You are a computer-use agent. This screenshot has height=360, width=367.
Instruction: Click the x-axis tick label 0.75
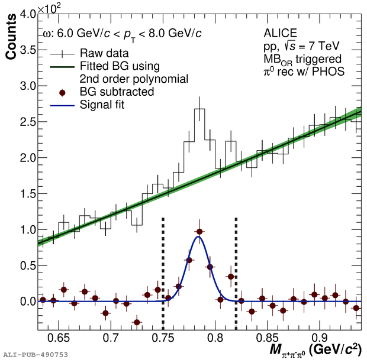pos(163,339)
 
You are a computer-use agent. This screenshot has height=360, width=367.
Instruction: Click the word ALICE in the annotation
pos(280,33)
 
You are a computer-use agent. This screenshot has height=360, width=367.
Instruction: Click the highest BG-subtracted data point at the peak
pos(199,232)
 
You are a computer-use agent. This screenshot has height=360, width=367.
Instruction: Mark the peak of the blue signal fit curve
pos(198,237)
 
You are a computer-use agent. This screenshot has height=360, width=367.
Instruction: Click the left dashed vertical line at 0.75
pos(163,266)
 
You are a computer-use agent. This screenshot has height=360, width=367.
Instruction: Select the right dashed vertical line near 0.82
pos(236,266)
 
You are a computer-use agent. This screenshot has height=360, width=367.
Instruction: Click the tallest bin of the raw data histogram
pos(199,109)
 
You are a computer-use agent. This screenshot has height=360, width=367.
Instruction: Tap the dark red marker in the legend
pos(59,92)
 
